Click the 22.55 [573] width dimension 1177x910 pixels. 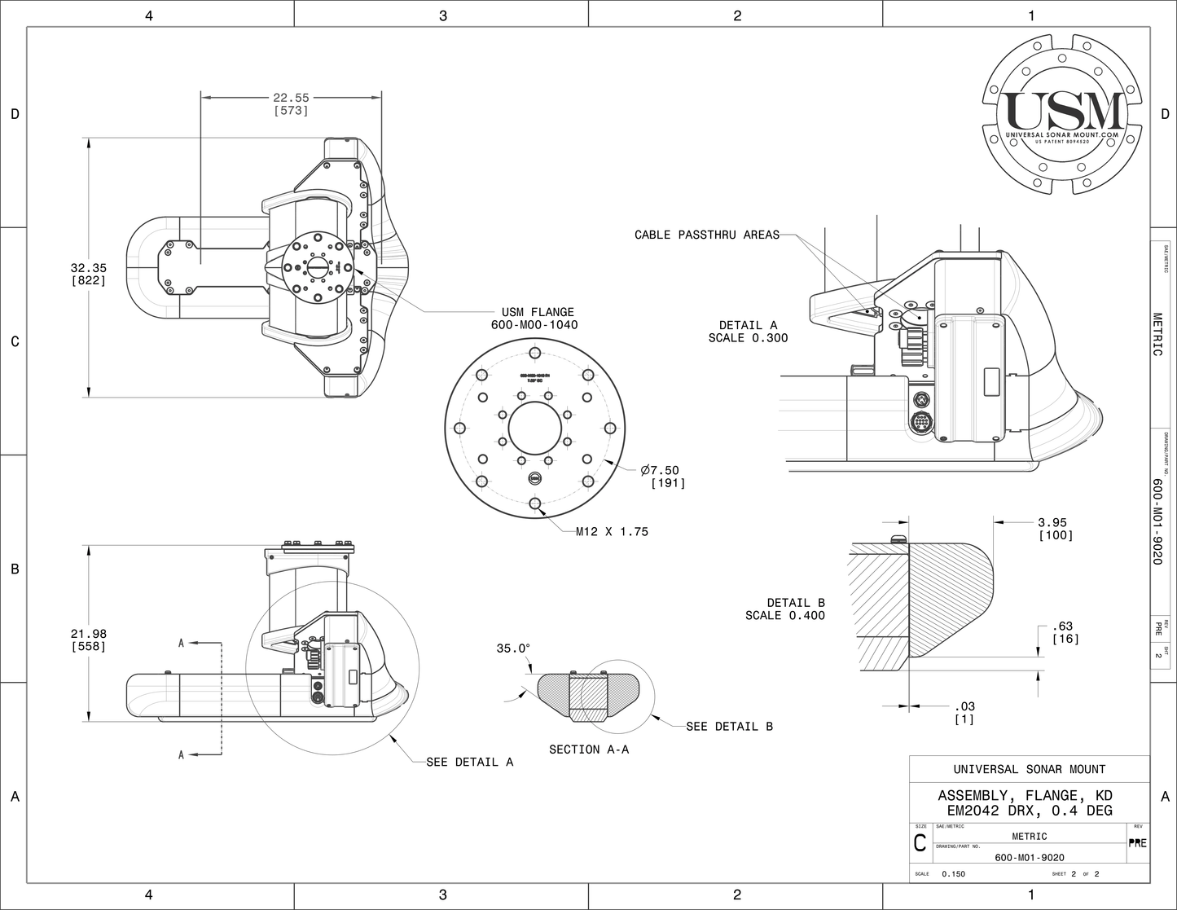point(291,103)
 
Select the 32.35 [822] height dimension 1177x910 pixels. point(88,274)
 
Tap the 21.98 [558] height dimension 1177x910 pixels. point(88,640)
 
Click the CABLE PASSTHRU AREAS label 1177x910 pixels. point(706,235)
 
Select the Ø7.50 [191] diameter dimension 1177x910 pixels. point(663,477)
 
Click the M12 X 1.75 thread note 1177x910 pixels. point(612,531)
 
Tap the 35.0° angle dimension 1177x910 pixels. point(513,648)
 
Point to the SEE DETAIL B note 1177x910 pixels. point(729,726)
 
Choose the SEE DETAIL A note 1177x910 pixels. point(470,762)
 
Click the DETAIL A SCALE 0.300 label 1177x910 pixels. point(748,332)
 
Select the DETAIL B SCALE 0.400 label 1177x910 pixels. point(784,609)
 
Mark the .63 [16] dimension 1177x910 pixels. point(1065,632)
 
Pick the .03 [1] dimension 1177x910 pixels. point(964,712)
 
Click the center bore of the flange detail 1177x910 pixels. point(535,429)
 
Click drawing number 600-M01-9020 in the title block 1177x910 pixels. point(1030,857)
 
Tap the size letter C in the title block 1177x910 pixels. point(920,844)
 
